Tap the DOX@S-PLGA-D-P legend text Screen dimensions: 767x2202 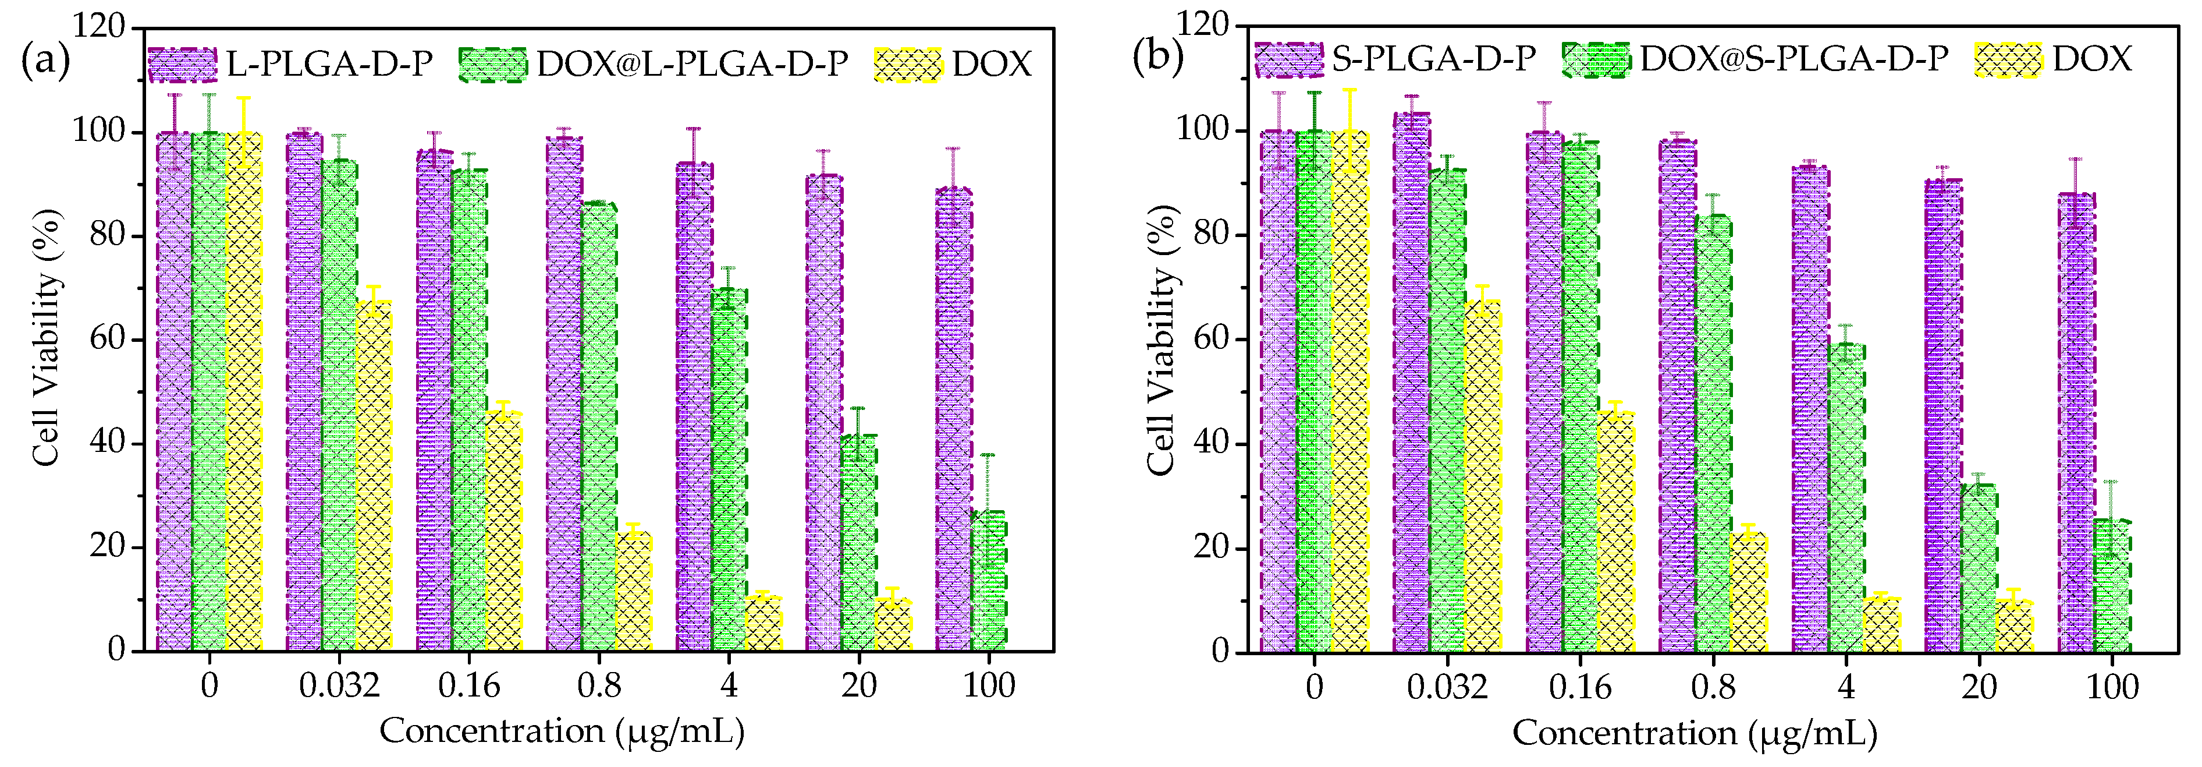pos(1793,58)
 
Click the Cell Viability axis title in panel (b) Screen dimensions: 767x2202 pos(1162,340)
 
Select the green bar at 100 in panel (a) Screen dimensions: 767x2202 pos(988,581)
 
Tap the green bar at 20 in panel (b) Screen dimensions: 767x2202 pos(1979,568)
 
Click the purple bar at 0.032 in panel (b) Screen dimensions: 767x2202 pos(1411,385)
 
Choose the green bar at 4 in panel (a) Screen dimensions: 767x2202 pos(729,471)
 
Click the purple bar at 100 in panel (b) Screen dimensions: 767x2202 pos(2076,423)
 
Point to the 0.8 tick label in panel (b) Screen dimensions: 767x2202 pos(1713,687)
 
